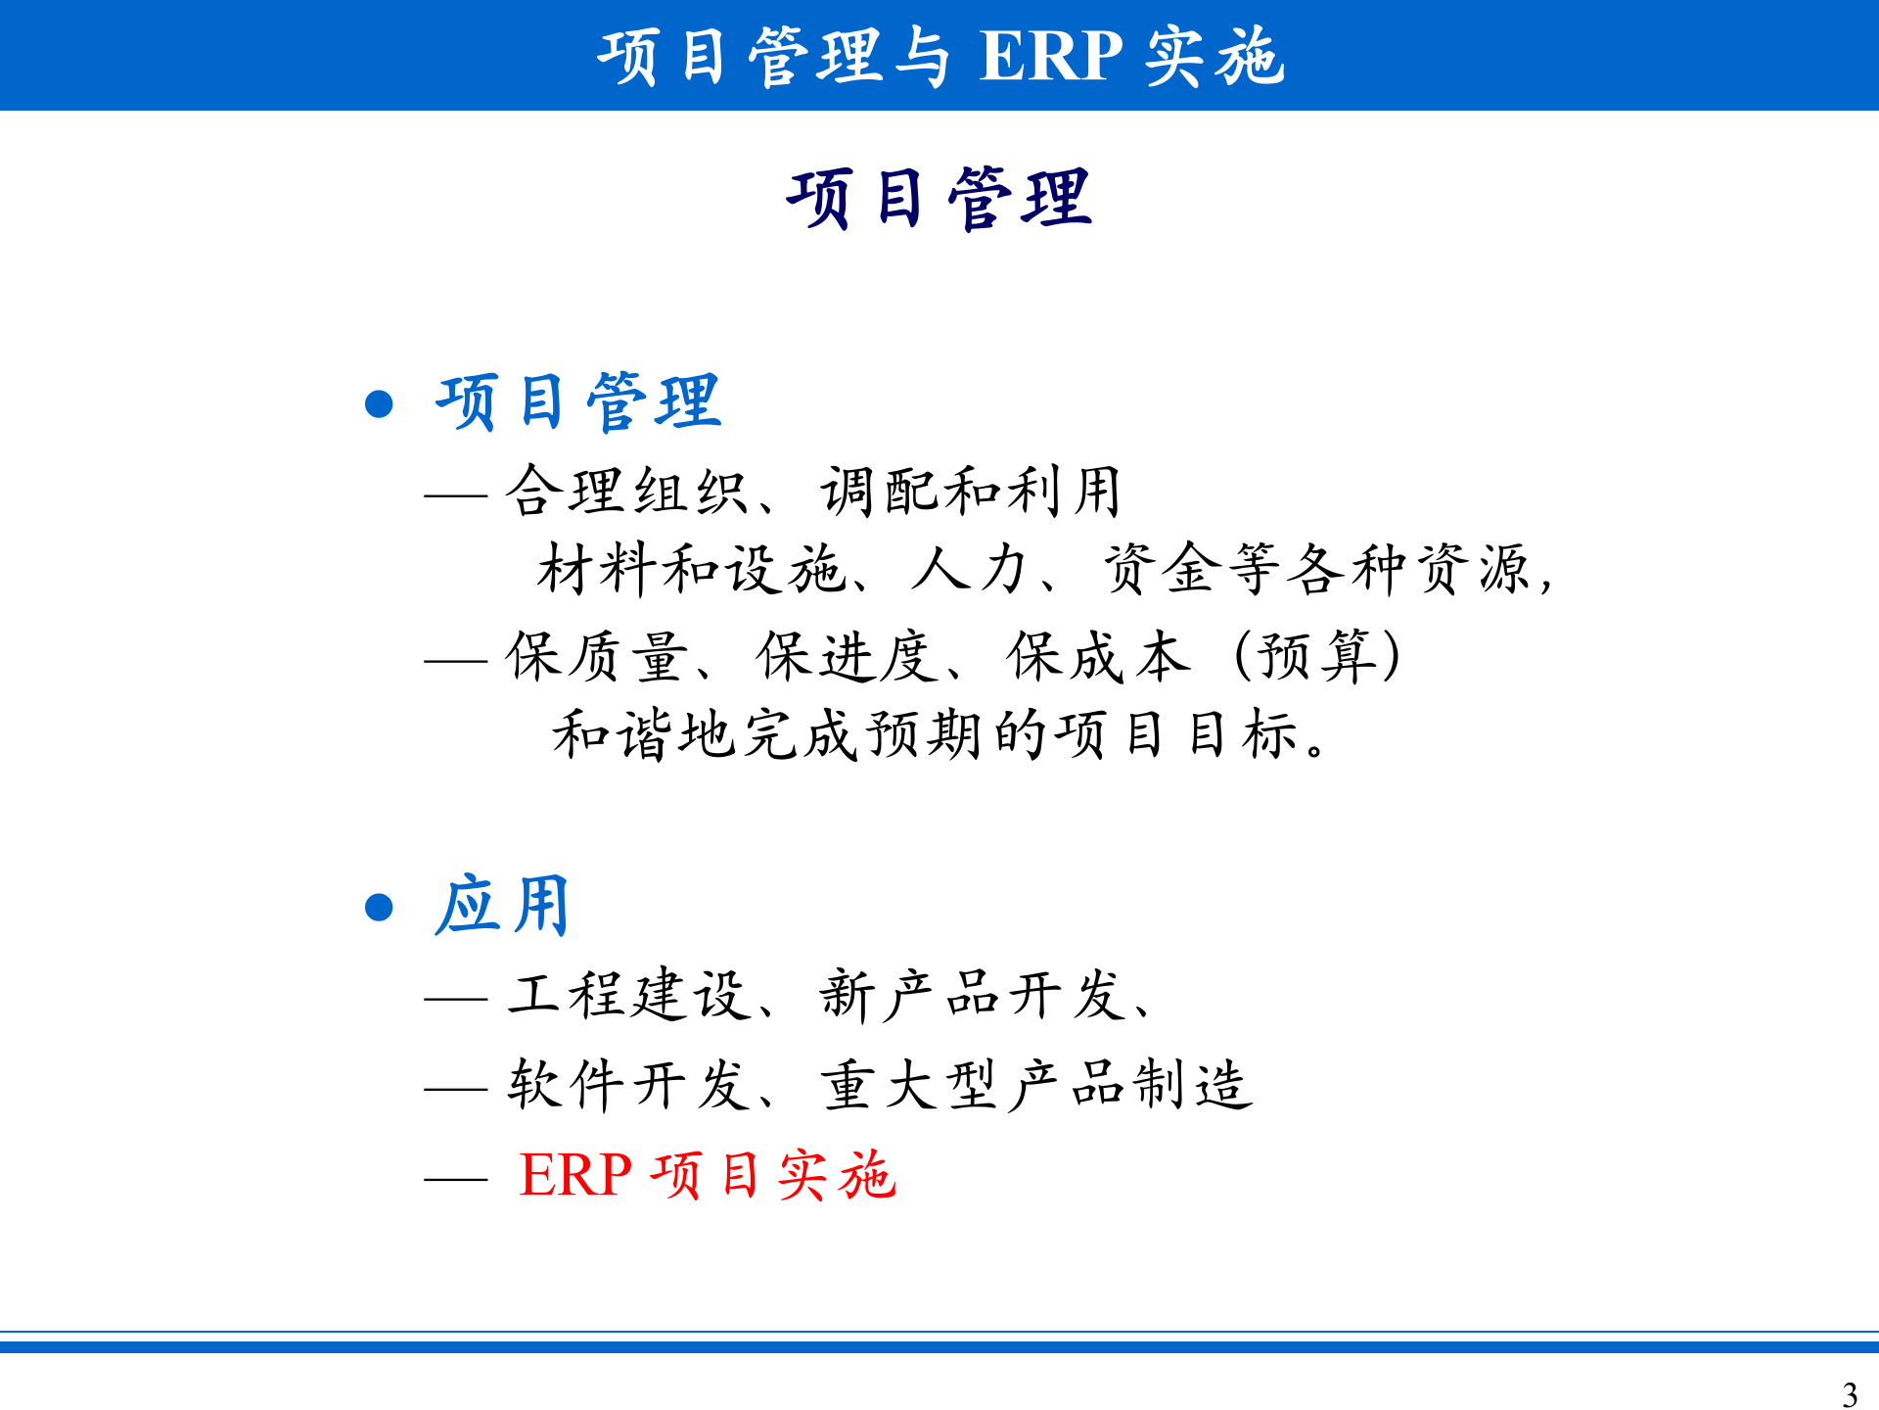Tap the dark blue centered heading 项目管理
(x=939, y=199)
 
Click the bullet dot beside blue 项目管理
(x=379, y=403)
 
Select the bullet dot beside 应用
(x=379, y=907)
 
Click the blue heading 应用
(x=502, y=905)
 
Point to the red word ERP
(x=575, y=1175)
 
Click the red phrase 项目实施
(x=773, y=1175)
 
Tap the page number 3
(x=1849, y=1393)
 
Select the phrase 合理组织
(x=626, y=491)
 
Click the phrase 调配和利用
(x=970, y=491)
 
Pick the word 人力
(x=969, y=569)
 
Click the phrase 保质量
(x=597, y=656)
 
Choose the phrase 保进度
(x=848, y=656)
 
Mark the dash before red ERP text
(x=456, y=1178)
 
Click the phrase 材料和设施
(x=691, y=569)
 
